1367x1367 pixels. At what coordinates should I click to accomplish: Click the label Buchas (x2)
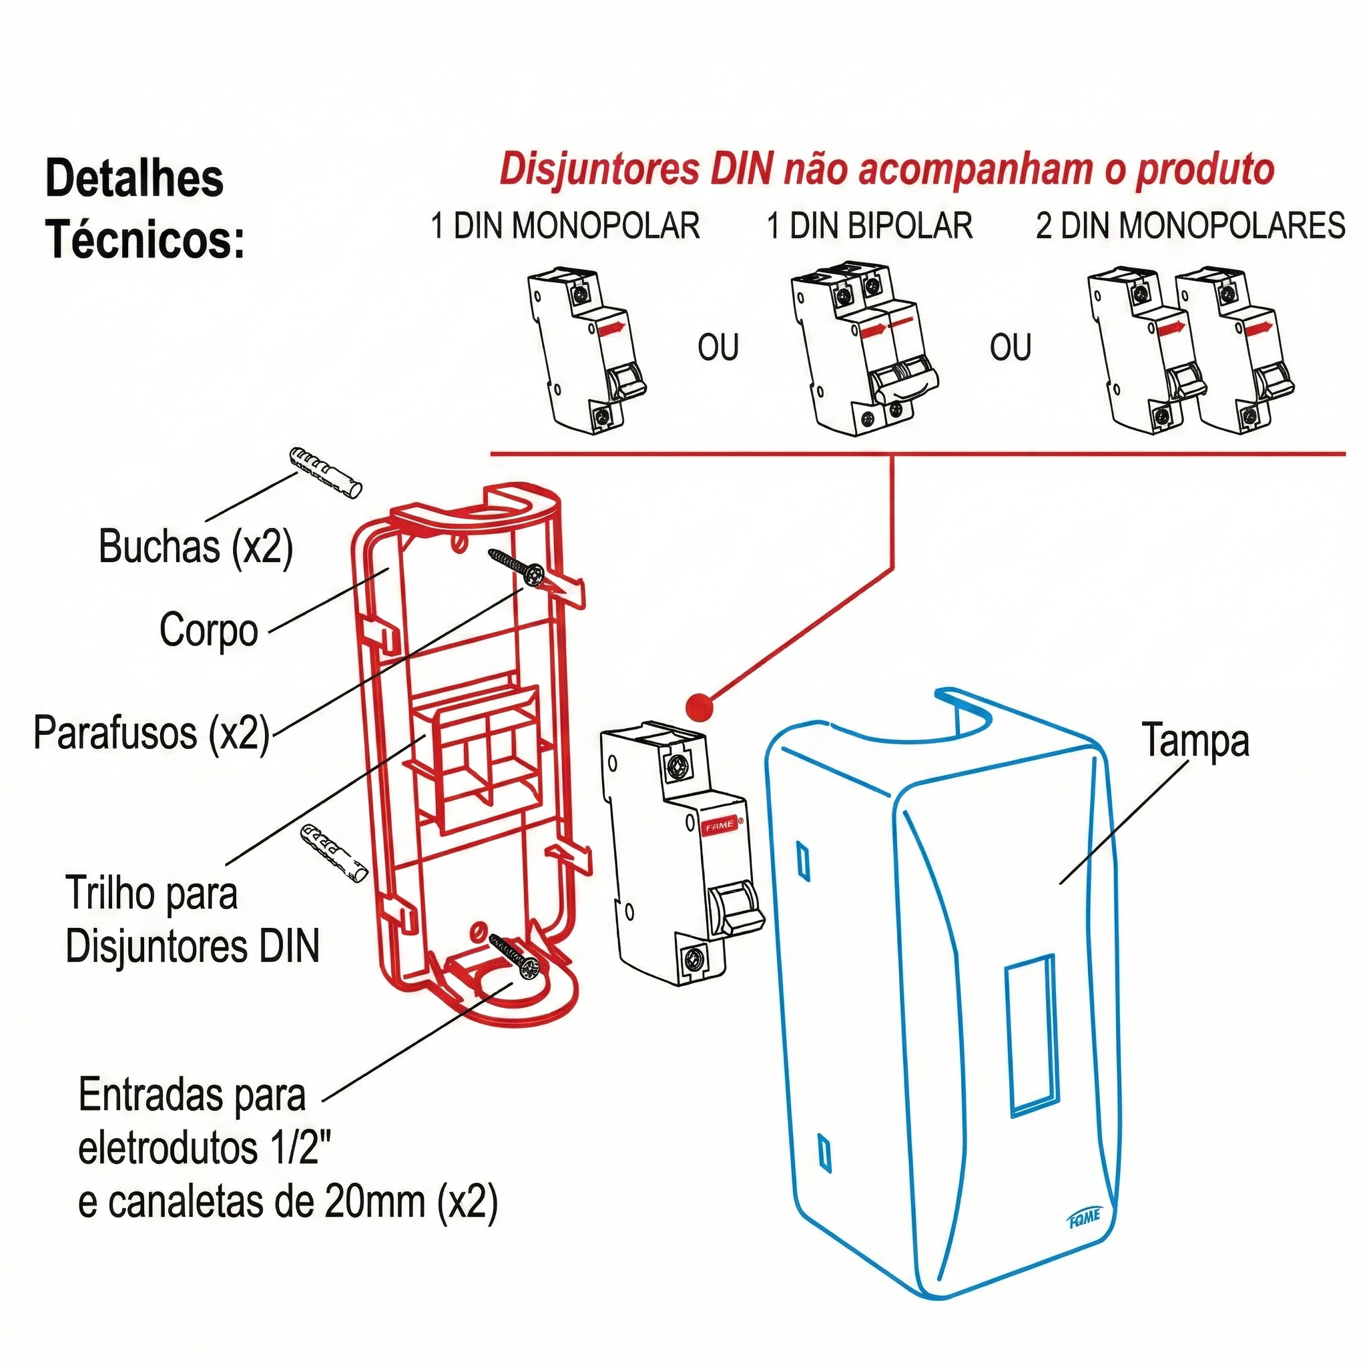196,547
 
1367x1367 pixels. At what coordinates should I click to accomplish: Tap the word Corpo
209,629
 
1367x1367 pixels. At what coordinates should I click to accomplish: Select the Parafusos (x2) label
152,732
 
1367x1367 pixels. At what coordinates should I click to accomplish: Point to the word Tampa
1195,742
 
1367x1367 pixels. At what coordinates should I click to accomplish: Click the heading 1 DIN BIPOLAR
870,226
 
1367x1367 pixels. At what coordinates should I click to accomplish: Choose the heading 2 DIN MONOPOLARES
1190,226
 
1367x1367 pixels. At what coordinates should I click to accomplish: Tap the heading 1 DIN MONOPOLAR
565,226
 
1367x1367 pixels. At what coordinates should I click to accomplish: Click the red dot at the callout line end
699,706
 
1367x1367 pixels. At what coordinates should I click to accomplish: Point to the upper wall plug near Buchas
326,473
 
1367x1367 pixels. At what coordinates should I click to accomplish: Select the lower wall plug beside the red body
334,852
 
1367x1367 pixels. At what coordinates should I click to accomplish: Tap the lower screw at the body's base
515,956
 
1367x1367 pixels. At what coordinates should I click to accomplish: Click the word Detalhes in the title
134,178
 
